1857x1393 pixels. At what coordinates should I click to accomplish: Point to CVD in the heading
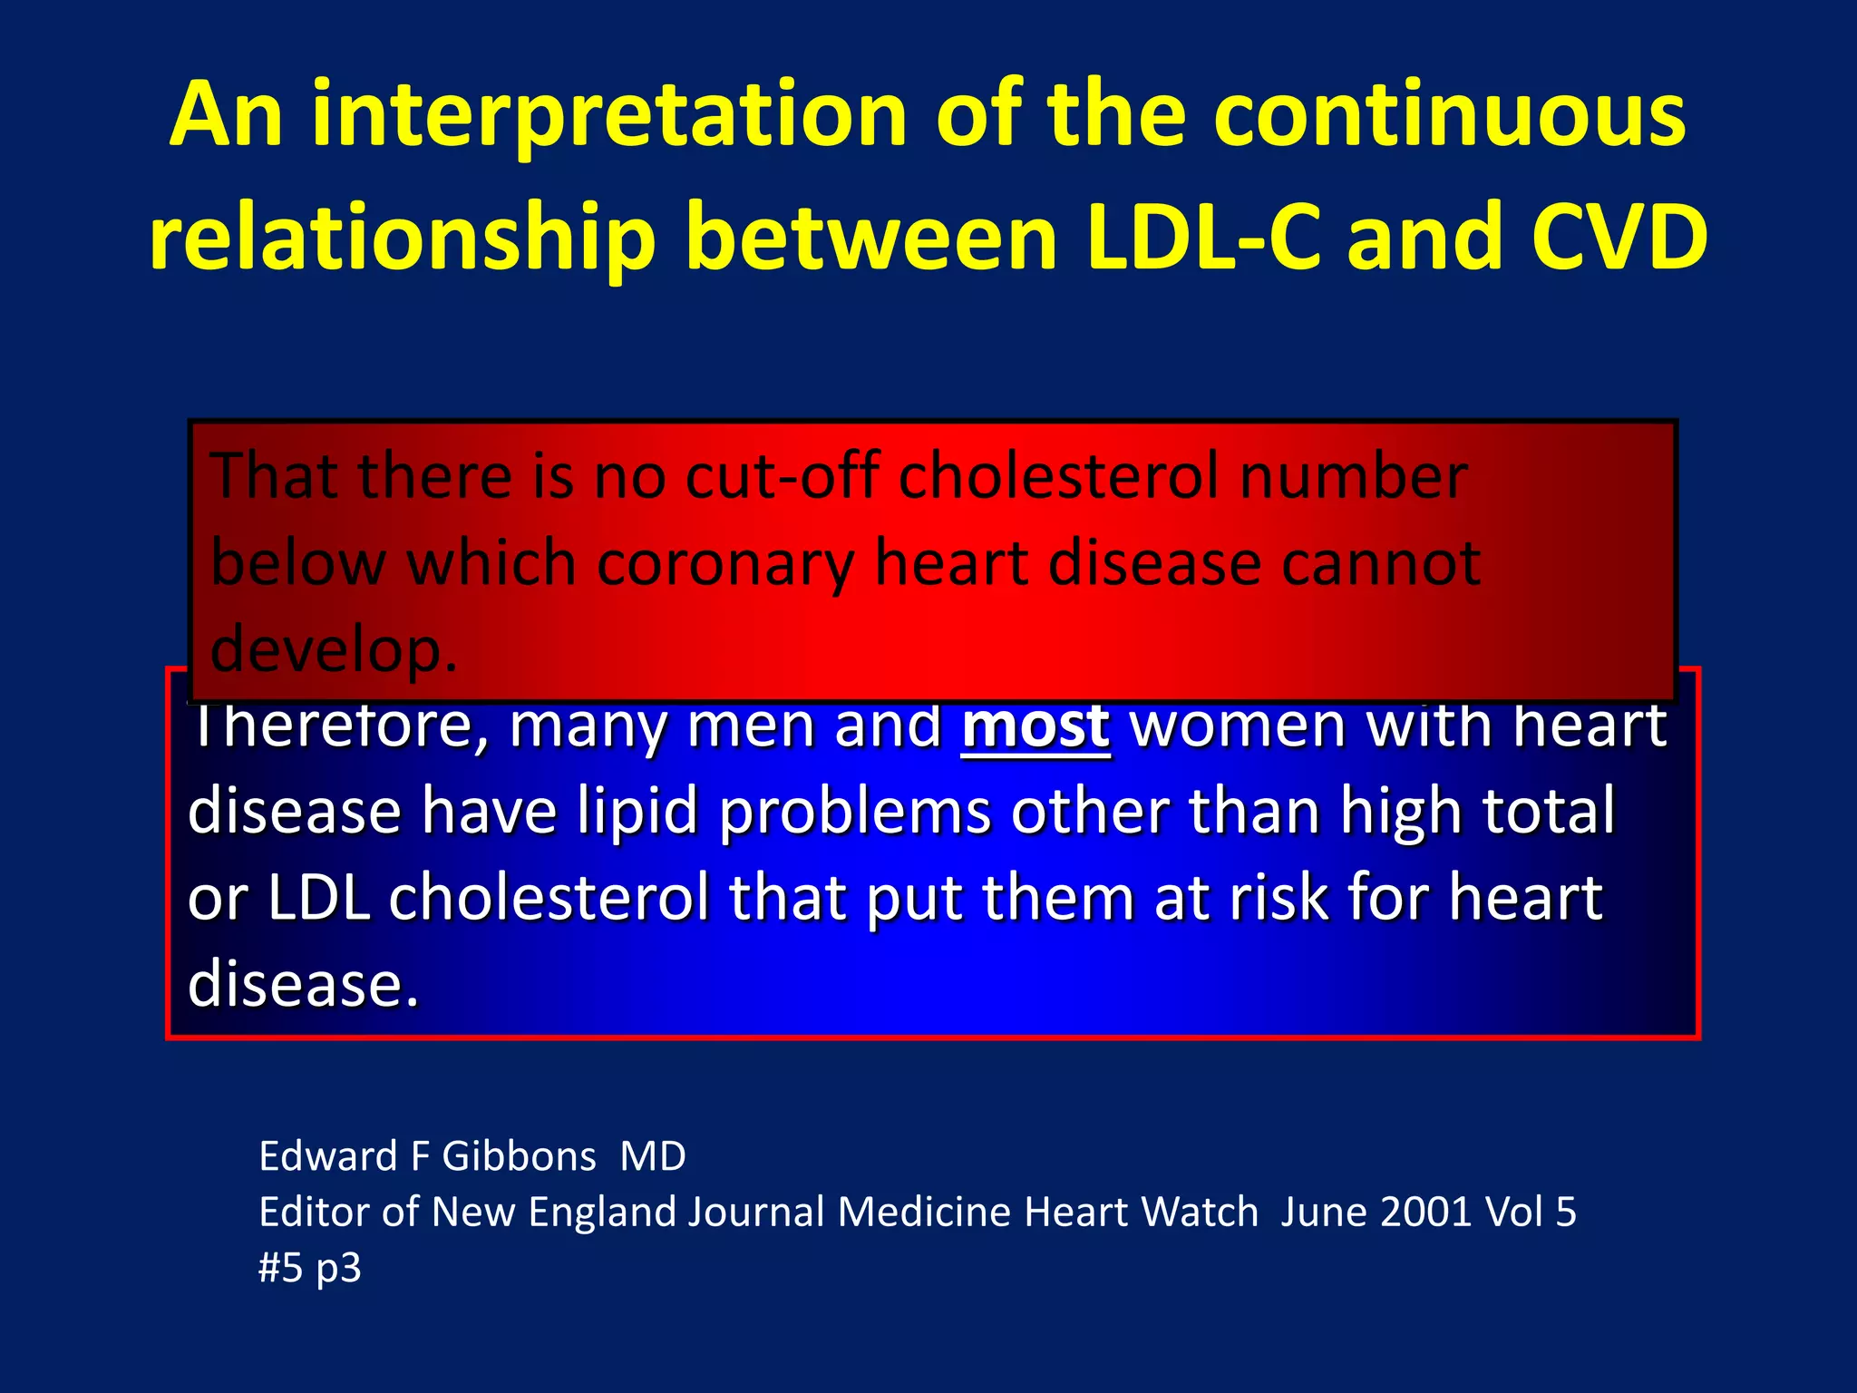click(x=1619, y=238)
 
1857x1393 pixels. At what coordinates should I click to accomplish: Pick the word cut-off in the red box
click(x=782, y=475)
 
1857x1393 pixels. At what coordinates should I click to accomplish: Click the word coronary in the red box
click(x=724, y=564)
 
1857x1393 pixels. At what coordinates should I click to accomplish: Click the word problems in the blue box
click(x=855, y=812)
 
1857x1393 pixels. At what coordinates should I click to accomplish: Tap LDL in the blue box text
click(x=318, y=898)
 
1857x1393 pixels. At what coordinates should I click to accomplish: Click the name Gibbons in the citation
click(x=519, y=1156)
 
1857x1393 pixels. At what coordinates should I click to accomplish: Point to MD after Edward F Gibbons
click(x=653, y=1156)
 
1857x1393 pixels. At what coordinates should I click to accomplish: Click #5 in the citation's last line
click(x=280, y=1268)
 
